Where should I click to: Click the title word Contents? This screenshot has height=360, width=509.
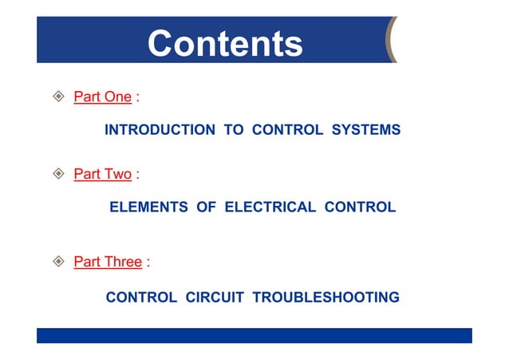point(225,43)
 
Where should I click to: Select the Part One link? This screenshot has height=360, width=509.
point(102,97)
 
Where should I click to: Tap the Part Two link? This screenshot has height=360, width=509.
point(102,174)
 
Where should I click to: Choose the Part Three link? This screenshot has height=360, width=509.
point(108,262)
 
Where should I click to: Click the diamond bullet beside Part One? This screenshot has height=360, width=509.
point(57,97)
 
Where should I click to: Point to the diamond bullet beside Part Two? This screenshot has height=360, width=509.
point(57,174)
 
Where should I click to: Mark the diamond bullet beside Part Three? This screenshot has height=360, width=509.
point(57,262)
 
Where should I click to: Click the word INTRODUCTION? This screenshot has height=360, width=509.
point(160,130)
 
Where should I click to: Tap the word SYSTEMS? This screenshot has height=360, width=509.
point(366,130)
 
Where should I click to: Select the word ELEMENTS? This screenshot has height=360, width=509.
point(148,208)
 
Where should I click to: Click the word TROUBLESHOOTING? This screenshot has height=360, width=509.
point(326,298)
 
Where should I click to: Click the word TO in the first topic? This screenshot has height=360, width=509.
point(234,130)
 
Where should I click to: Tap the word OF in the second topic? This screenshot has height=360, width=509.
point(207,208)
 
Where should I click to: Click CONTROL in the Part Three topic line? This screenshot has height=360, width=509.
point(141,298)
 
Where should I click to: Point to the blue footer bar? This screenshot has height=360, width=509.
point(254,335)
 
